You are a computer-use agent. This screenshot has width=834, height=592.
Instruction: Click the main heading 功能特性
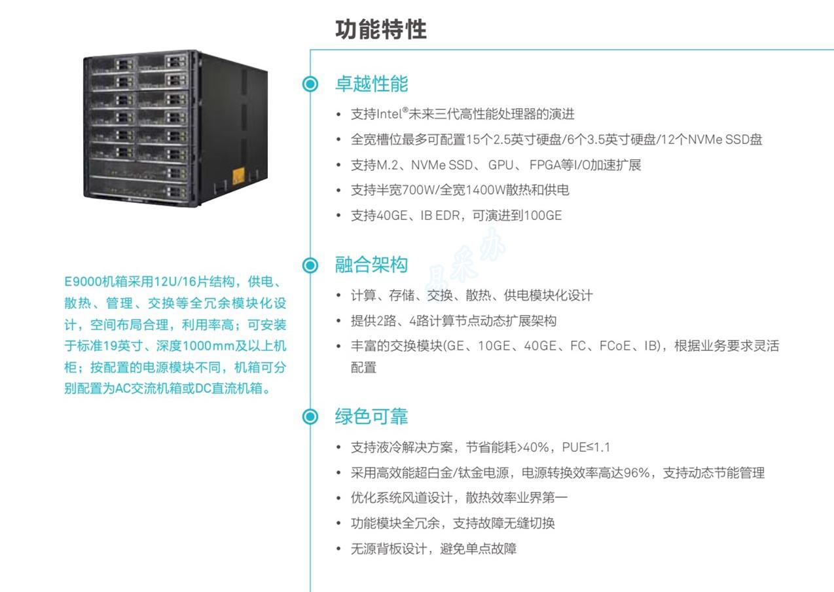[x=381, y=29]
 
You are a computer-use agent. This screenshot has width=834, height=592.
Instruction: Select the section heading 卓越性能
[x=372, y=83]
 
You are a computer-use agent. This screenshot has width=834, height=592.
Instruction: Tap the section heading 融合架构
[x=372, y=265]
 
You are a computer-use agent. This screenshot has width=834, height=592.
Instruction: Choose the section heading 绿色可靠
[x=372, y=416]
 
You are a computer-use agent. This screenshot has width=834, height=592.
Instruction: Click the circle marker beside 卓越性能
[x=310, y=84]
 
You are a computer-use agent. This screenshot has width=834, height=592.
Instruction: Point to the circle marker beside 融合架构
[x=310, y=265]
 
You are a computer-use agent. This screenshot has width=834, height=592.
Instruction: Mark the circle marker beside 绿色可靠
[x=310, y=416]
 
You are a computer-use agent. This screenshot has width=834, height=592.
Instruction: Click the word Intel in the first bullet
[x=390, y=114]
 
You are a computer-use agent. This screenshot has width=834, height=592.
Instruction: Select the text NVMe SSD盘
[x=725, y=139]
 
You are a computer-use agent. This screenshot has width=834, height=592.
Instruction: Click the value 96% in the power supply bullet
[x=637, y=473]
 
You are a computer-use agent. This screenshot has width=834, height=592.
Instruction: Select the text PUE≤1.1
[x=586, y=447]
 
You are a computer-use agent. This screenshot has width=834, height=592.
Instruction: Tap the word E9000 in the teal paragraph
[x=82, y=282]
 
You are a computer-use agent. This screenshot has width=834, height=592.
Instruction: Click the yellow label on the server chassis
[x=239, y=176]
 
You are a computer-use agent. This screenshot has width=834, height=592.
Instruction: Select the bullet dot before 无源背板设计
[x=338, y=549]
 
